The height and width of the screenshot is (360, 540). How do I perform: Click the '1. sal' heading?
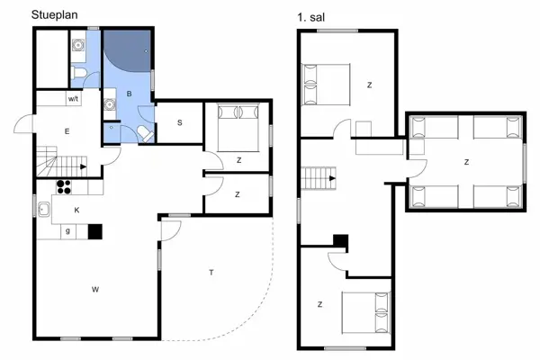(310, 16)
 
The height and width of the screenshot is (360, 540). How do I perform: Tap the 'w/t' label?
(74, 99)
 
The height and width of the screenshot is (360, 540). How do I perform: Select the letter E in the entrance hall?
(67, 131)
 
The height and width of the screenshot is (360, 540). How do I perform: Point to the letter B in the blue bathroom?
(130, 94)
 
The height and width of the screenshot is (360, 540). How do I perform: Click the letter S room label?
(180, 122)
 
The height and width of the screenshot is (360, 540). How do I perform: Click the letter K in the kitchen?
(76, 210)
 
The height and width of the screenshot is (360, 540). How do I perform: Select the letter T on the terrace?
(211, 272)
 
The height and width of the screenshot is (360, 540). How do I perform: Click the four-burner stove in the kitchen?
(65, 187)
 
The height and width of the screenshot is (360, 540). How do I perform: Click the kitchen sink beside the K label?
(43, 210)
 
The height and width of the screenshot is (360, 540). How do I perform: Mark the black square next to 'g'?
(94, 231)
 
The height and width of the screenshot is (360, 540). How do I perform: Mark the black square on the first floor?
(340, 240)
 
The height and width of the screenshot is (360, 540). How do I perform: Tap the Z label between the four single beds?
(465, 162)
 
